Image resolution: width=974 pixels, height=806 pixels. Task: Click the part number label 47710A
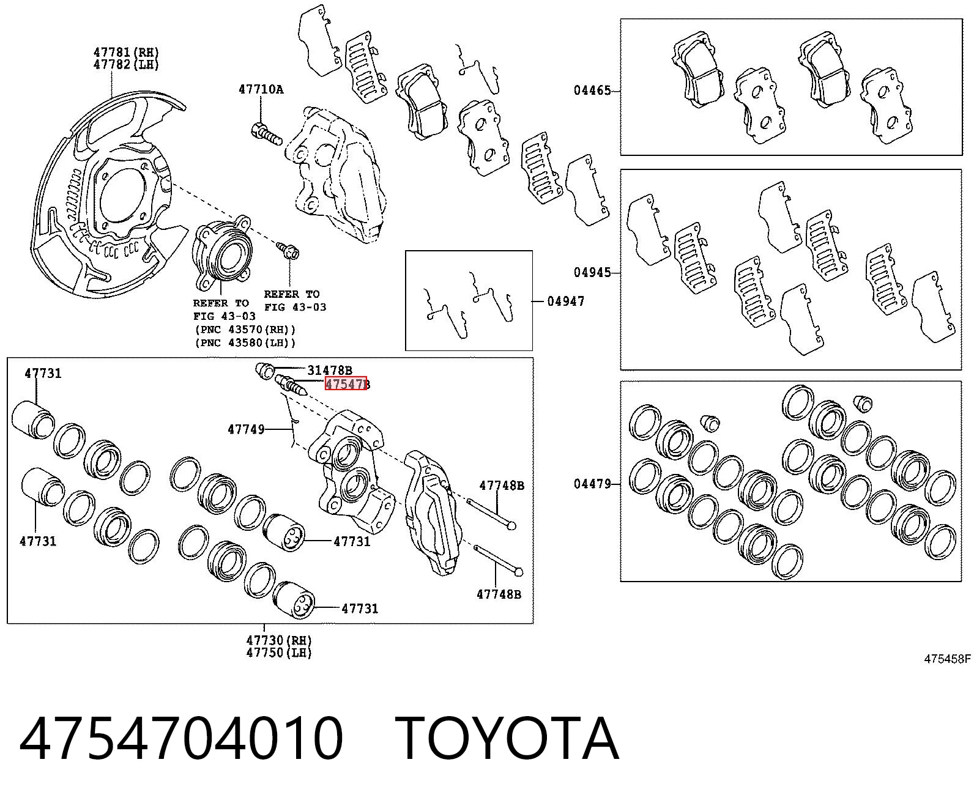[261, 89]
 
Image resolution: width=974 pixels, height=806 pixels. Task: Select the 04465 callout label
[592, 91]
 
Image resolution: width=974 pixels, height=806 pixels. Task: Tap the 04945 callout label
[592, 272]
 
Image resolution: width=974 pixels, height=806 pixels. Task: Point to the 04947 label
[565, 301]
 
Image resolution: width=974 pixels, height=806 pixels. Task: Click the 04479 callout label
[592, 484]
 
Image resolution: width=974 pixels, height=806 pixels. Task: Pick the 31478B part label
[329, 371]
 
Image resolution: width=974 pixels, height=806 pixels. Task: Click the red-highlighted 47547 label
[346, 384]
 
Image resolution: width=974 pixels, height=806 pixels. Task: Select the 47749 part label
[246, 429]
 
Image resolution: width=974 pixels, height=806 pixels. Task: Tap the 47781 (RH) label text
[126, 52]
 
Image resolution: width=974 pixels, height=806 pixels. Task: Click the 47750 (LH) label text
[279, 653]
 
